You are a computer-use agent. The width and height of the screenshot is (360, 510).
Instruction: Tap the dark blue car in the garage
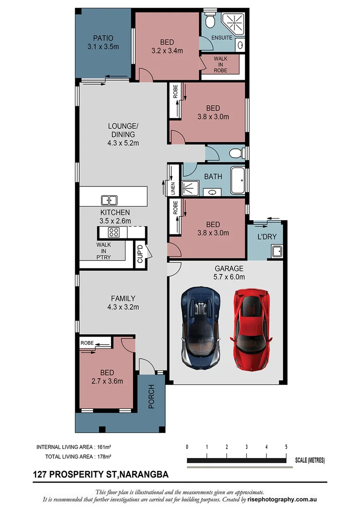[201, 328]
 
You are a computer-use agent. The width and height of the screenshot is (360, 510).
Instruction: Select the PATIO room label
[103, 38]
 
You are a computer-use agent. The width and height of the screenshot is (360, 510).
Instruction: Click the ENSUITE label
[222, 38]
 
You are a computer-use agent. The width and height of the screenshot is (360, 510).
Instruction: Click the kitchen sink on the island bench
[109, 200]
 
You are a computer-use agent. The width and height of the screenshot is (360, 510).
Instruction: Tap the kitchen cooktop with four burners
[114, 232]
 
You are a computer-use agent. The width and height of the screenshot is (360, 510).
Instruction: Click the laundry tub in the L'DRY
[276, 251]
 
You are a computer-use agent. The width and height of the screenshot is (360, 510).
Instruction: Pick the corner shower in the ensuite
[234, 23]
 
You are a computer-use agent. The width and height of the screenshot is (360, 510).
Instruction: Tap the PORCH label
[152, 397]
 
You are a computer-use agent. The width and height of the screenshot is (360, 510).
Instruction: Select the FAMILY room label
[123, 298]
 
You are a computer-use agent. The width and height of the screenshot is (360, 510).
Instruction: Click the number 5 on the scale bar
[286, 447]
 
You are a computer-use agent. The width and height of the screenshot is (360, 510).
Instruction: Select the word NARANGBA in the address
[144, 474]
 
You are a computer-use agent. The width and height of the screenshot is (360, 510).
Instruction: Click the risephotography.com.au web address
[284, 500]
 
